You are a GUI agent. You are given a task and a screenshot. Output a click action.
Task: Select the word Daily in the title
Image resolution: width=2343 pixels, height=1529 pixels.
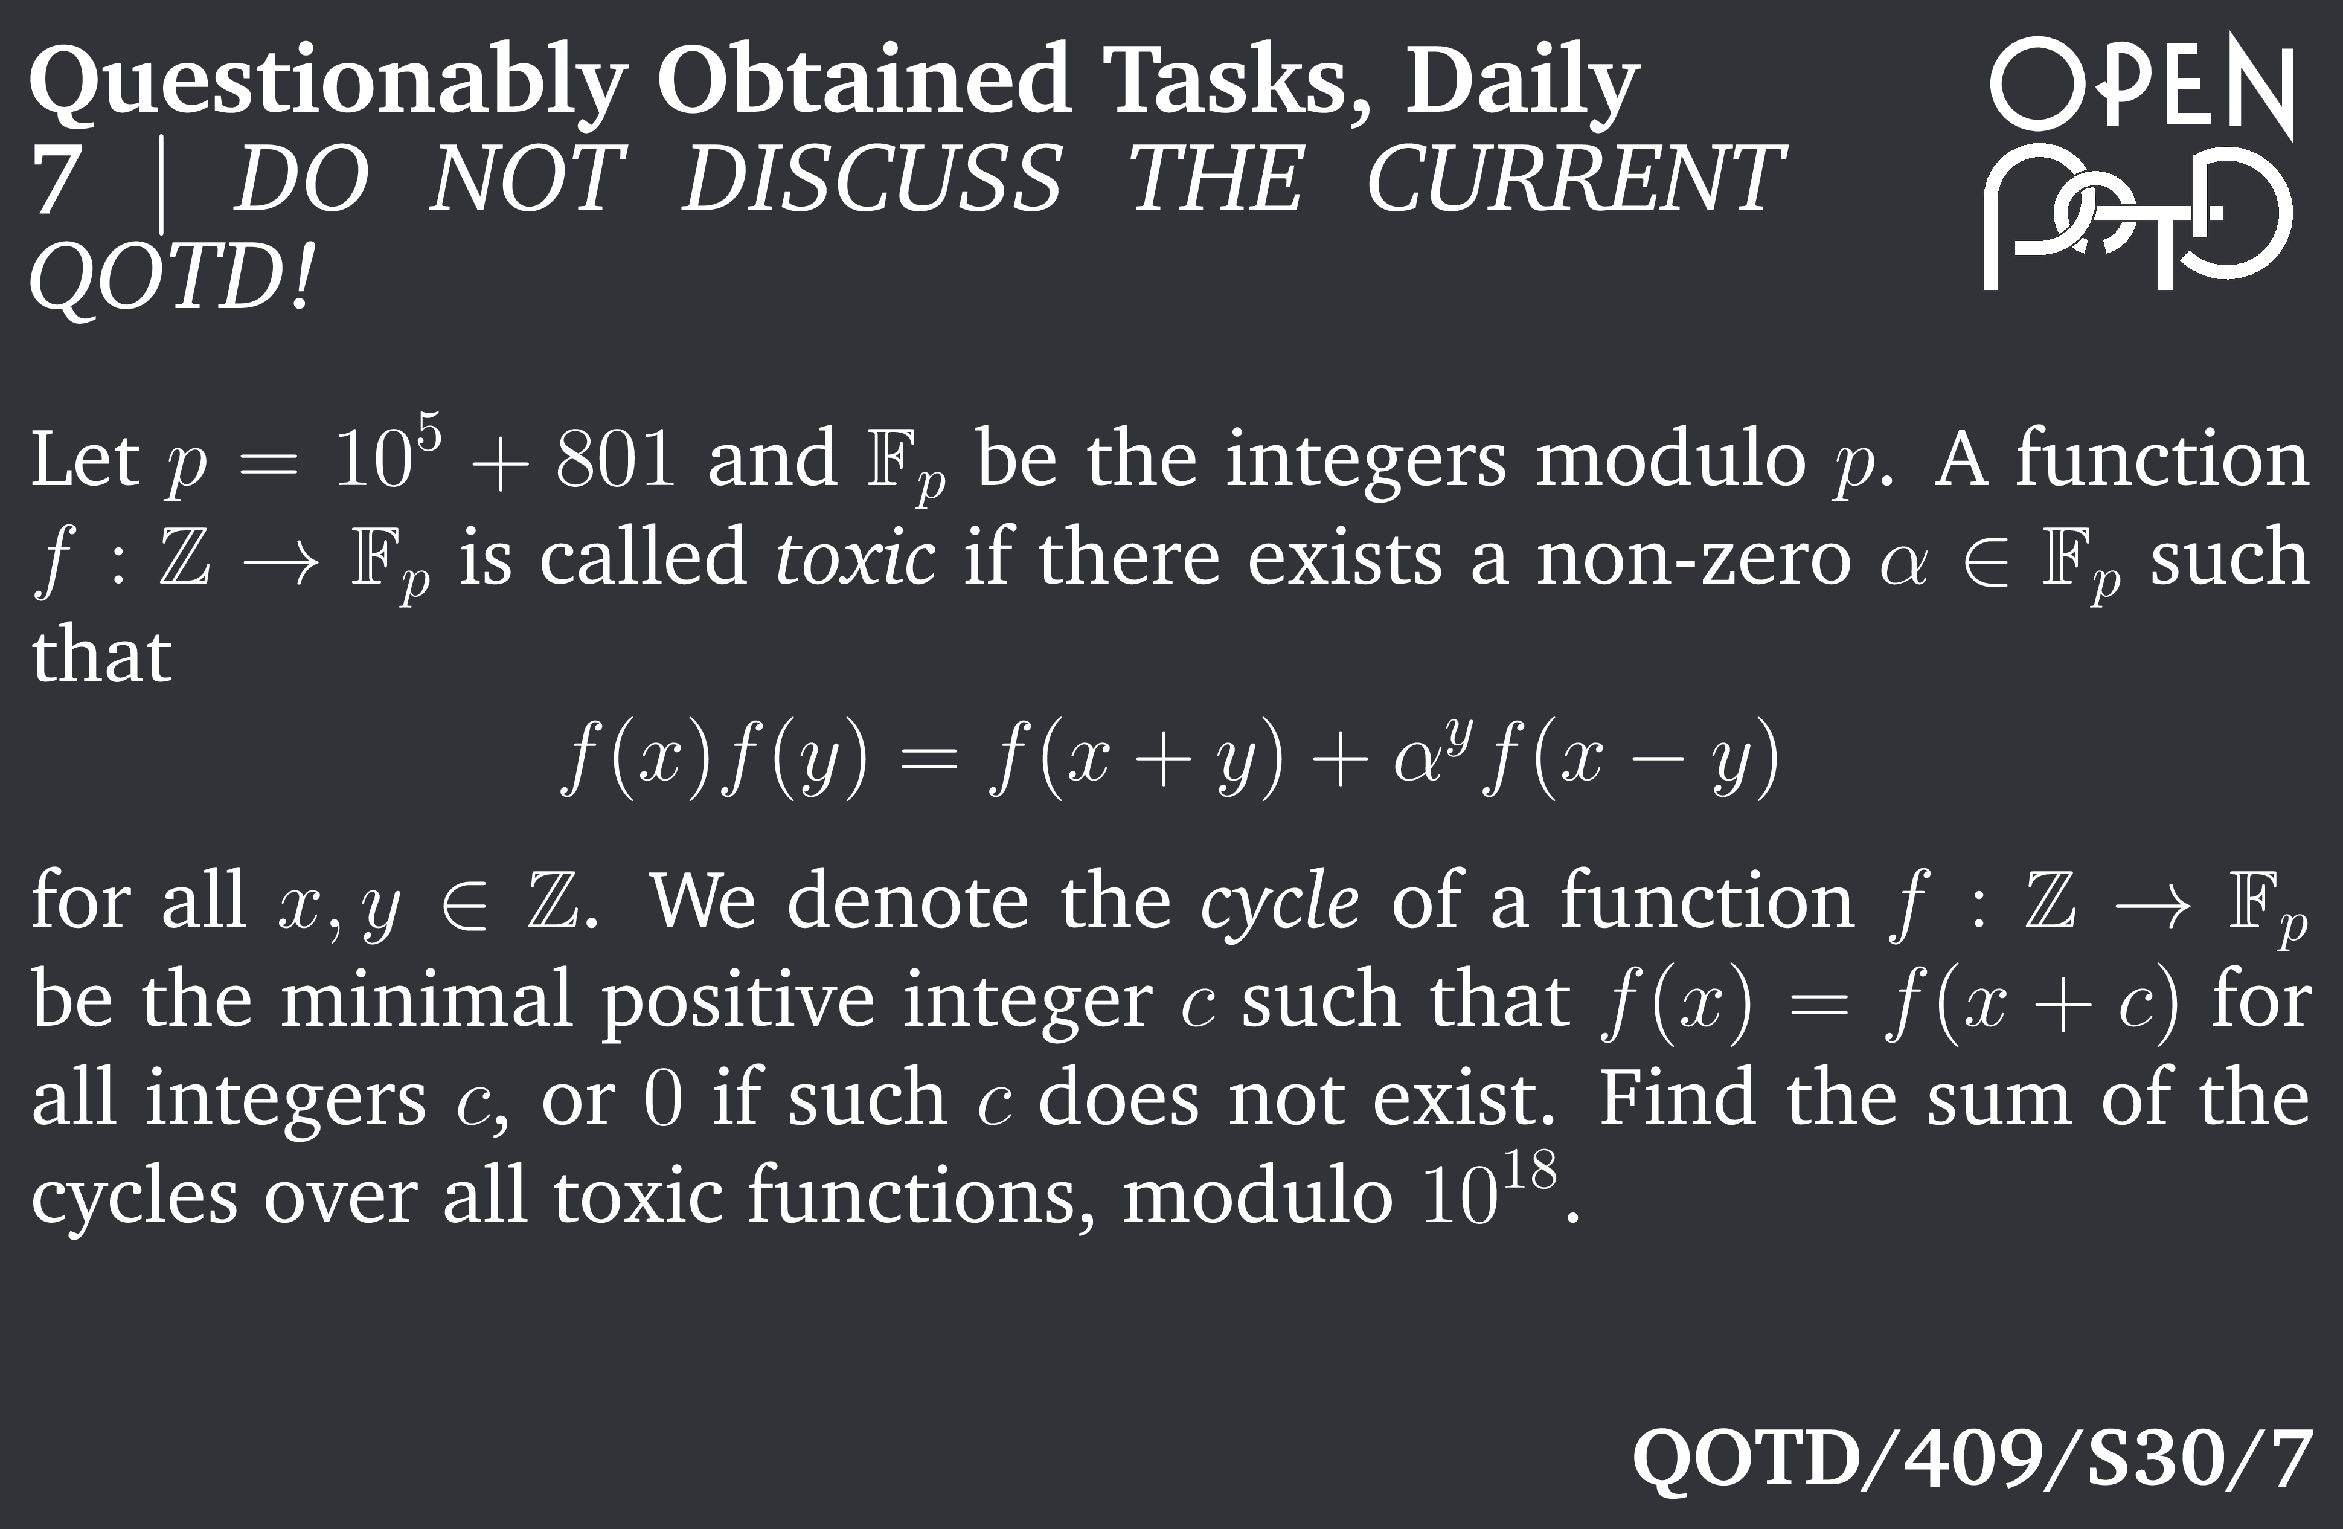point(1521,85)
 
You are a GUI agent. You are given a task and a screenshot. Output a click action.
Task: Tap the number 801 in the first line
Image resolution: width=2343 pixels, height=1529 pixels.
point(615,460)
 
